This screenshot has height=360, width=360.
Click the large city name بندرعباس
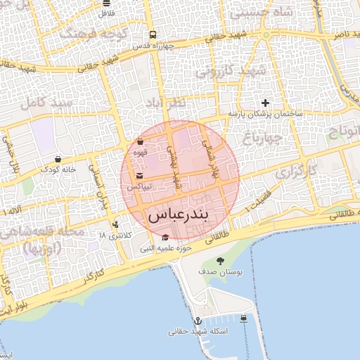click(x=179, y=216)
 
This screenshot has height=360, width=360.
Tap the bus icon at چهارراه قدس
click(x=153, y=34)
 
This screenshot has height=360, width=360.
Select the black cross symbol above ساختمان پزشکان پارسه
click(x=265, y=103)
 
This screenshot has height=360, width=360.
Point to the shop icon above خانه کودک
click(x=57, y=159)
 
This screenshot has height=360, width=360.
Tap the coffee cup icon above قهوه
click(x=140, y=141)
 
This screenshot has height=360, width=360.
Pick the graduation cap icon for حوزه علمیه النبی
click(x=165, y=238)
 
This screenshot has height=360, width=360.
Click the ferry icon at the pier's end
click(x=243, y=318)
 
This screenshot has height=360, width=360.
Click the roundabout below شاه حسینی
click(x=266, y=36)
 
